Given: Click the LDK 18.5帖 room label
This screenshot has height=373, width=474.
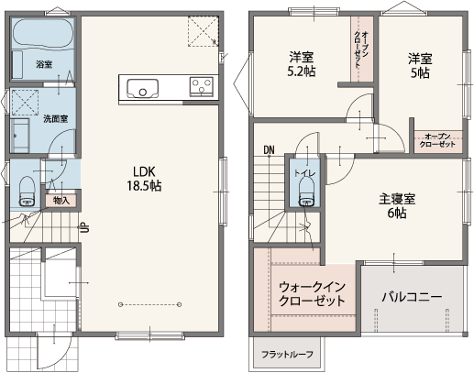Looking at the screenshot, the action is (144, 179).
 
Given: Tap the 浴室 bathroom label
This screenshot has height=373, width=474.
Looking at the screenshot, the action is (44, 64).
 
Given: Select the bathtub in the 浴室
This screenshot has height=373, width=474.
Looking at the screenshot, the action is (42, 33).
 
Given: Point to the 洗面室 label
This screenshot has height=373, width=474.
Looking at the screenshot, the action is (55, 118).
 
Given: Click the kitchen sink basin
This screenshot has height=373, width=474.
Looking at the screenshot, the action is (143, 89).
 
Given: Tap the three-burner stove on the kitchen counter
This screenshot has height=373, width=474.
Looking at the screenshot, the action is (201, 86).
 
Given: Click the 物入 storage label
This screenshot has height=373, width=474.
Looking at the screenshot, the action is (61, 201).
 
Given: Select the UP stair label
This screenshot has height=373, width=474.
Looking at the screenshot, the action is (85, 227).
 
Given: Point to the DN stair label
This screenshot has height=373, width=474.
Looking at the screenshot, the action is (270, 150).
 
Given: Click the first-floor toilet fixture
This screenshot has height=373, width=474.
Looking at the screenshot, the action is (28, 192).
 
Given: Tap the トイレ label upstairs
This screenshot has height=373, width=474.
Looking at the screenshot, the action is (305, 173).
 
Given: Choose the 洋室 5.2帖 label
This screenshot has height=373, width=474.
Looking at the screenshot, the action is (302, 64).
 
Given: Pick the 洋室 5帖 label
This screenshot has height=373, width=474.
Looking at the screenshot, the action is (420, 66).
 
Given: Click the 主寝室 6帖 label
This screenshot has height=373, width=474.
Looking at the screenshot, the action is (397, 205).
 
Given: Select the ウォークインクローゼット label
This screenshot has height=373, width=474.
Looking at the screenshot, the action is (312, 294).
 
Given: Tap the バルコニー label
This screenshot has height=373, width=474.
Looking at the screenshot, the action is (412, 297).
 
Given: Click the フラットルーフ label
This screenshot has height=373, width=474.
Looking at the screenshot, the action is (287, 355).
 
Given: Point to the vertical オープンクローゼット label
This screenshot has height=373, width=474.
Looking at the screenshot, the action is (361, 49).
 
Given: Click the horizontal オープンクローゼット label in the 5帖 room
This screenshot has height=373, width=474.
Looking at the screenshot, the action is (437, 140).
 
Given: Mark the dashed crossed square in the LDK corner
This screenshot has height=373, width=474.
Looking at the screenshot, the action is (203, 31).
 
